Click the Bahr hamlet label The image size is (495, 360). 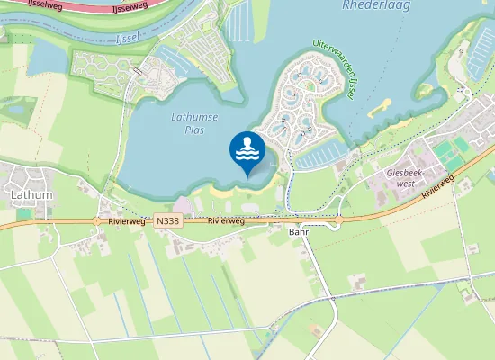(x=298, y=231)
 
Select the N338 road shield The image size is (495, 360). (x=167, y=220)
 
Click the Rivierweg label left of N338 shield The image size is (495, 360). (x=124, y=220)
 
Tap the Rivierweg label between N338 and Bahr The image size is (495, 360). (x=227, y=220)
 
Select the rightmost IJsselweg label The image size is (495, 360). (x=130, y=7)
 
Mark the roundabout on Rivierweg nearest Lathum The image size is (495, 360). (x=96, y=220)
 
